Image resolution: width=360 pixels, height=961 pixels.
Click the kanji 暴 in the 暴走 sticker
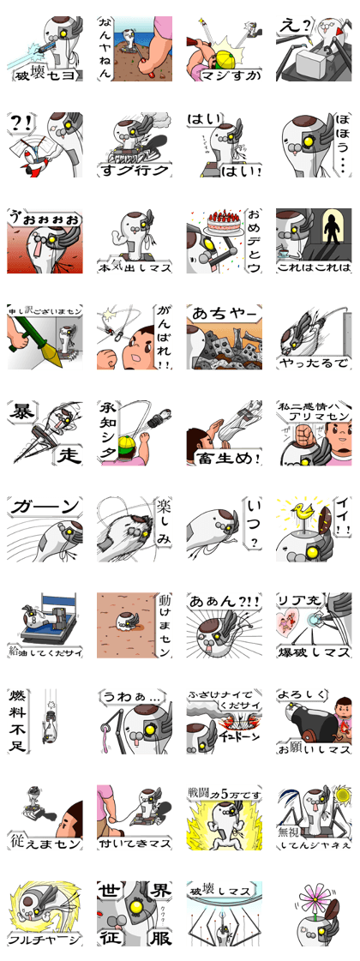21,414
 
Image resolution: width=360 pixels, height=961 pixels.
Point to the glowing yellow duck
303,514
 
